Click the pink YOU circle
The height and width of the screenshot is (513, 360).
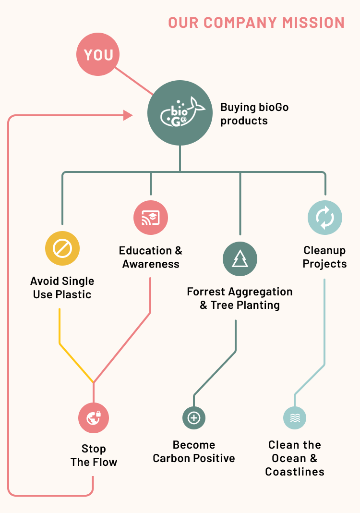[x=98, y=55]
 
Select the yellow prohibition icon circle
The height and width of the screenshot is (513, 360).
[x=62, y=249]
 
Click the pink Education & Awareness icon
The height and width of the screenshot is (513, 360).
[x=151, y=218]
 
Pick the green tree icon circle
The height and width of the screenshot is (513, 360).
[x=240, y=259]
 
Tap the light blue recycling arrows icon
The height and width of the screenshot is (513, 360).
[x=325, y=218]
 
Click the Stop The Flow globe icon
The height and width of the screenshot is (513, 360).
[x=94, y=417]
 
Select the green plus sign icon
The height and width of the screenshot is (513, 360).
[x=194, y=417]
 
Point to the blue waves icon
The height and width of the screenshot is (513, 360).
[x=295, y=417]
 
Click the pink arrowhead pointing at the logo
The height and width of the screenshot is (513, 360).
[x=128, y=115]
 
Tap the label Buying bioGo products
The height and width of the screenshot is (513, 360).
[x=254, y=114]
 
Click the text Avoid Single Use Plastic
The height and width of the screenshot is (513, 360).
[x=62, y=288]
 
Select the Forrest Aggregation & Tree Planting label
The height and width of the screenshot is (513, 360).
[x=240, y=298]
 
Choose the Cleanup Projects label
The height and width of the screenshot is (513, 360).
[x=324, y=257]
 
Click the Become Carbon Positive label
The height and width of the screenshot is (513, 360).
[x=194, y=452]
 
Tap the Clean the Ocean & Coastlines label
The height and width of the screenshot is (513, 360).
[x=295, y=458]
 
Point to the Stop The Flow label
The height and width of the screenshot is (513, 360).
[x=94, y=455]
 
